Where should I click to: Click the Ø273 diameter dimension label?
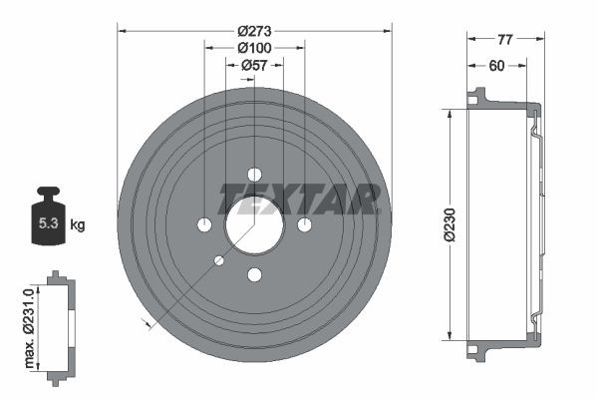click(254, 30)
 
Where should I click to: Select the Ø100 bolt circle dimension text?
click(254, 47)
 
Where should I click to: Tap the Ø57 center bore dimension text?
click(254, 65)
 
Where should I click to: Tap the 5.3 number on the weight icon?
click(46, 224)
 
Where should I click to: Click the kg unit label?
click(77, 224)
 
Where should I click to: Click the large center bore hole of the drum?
click(254, 223)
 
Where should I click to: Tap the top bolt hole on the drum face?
click(254, 174)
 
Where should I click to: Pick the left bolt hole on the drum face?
click(204, 224)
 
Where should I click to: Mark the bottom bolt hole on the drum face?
click(254, 274)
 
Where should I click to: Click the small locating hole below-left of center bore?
click(219, 260)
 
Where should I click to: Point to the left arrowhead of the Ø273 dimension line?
click(122, 31)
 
